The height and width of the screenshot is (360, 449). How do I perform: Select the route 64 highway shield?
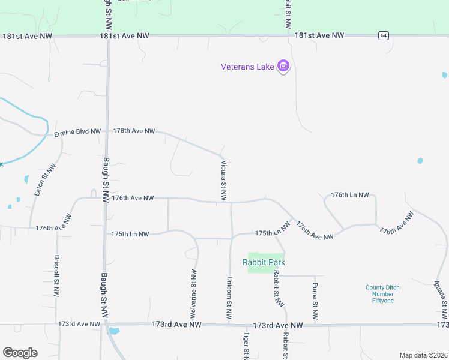[x=382, y=35]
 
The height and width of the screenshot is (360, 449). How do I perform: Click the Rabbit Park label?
[x=264, y=262]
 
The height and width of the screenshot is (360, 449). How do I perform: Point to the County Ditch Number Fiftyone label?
[x=382, y=294]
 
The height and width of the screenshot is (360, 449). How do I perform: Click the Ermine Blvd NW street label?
[x=77, y=133]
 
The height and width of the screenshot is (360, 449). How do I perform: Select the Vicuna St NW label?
[x=223, y=180]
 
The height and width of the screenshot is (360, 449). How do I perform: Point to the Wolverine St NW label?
[x=194, y=284]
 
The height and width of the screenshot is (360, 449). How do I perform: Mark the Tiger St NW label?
[x=246, y=345]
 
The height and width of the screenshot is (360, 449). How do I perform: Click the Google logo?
[x=20, y=353]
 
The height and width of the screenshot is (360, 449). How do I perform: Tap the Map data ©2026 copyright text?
[x=423, y=355]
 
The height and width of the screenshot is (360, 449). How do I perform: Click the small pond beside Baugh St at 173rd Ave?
[x=113, y=331]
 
